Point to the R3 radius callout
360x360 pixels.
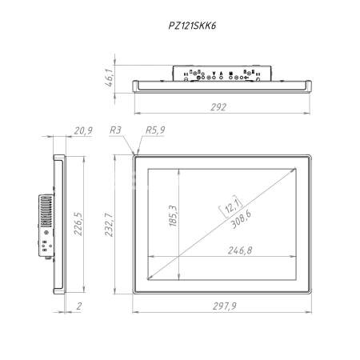pos(116,130)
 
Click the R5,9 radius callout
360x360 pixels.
pos(155,130)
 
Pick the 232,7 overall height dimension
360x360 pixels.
pos(118,224)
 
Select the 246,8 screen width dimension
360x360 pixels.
pos(236,250)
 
